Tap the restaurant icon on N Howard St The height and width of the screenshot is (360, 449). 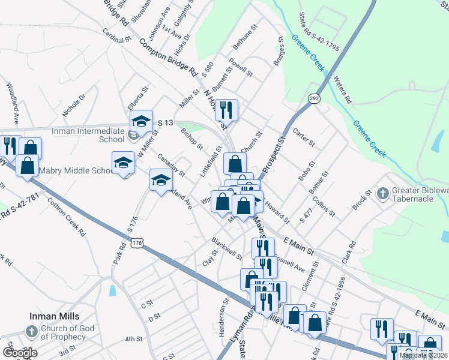pos(226,110)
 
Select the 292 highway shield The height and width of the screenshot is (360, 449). pos(314,97)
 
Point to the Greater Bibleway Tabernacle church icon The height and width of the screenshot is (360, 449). pos(383,194)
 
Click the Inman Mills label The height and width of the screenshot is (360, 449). pos(55,316)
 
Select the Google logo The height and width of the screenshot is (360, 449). pos(20,352)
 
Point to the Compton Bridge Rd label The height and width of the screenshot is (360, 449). pos(167,56)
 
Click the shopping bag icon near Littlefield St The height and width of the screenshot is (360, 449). pos(235,163)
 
